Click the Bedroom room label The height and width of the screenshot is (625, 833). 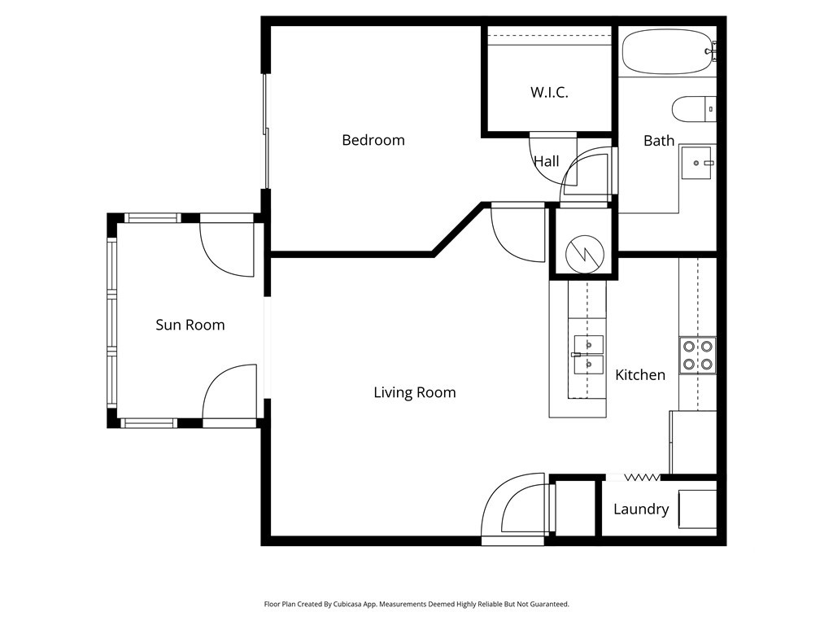click(x=373, y=140)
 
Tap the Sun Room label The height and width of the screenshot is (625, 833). click(x=190, y=325)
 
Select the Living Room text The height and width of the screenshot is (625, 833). click(x=414, y=393)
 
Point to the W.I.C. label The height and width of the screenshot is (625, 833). click(x=549, y=93)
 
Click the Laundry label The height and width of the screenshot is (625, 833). click(x=641, y=509)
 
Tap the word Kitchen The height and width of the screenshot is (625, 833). click(x=640, y=375)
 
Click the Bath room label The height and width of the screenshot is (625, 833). click(x=659, y=141)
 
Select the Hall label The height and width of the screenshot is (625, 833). click(x=546, y=161)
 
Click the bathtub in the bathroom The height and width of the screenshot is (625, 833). click(x=667, y=51)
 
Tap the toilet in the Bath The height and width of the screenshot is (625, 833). click(x=694, y=109)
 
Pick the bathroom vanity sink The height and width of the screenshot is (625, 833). click(x=697, y=163)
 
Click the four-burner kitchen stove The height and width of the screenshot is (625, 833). click(x=697, y=356)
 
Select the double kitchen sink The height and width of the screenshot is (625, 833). click(x=588, y=355)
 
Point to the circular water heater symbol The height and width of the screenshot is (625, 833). click(x=585, y=254)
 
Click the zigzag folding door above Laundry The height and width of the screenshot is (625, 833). click(x=642, y=478)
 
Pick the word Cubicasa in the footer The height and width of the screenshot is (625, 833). click(x=346, y=605)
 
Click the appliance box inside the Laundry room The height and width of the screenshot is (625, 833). click(x=697, y=509)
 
